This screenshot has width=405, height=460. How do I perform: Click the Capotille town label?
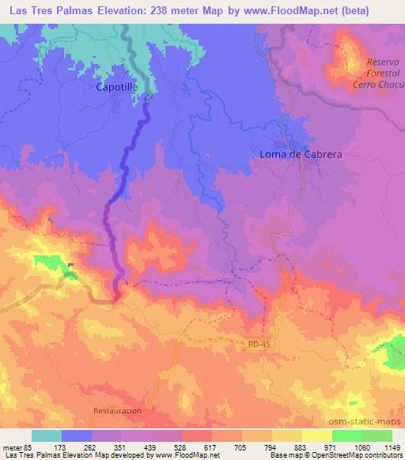click(117, 89)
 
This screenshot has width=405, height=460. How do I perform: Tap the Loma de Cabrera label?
click(301, 155)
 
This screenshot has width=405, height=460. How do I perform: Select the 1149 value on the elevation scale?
click(392, 447)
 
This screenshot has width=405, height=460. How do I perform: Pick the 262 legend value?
click(92, 447)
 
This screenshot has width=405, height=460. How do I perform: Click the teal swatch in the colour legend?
click(47, 435)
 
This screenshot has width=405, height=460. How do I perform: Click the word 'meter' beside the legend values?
click(12, 447)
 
